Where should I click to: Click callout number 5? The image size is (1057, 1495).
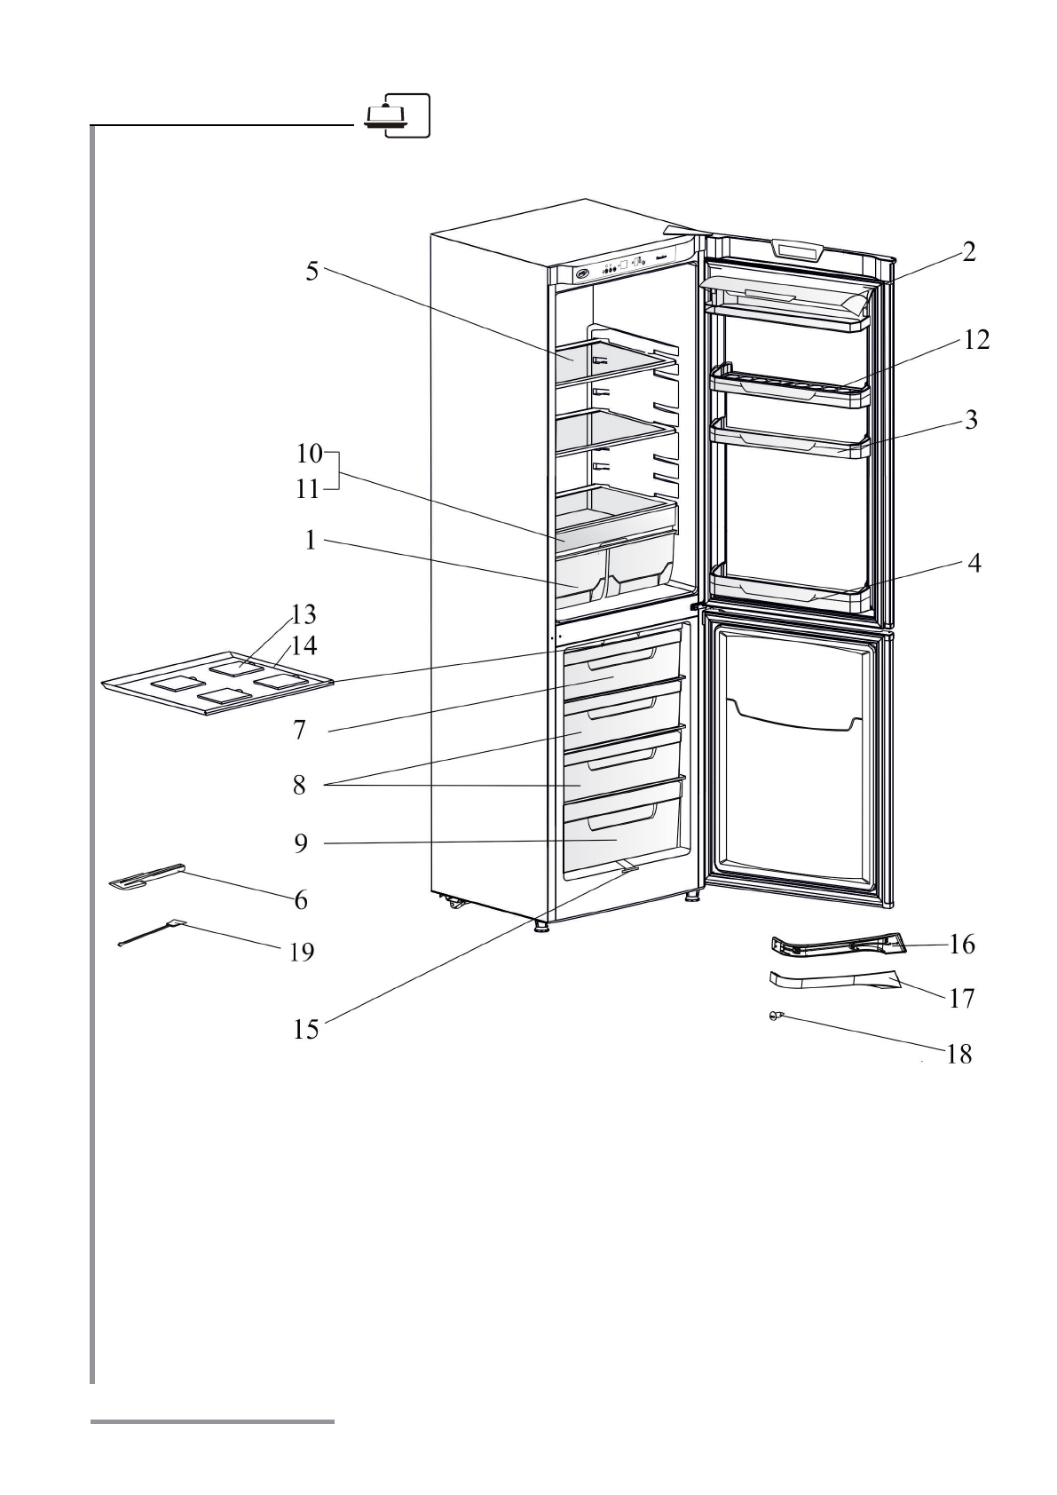click(x=312, y=272)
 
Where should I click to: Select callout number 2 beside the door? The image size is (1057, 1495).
click(x=969, y=252)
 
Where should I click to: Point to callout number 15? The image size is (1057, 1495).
click(x=306, y=1029)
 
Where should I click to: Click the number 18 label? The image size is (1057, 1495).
click(x=959, y=1055)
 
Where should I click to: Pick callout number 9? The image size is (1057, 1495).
click(x=302, y=843)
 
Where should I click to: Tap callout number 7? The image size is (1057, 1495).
click(x=300, y=731)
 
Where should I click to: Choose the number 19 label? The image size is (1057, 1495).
click(x=301, y=953)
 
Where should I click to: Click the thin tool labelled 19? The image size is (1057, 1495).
click(x=151, y=933)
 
